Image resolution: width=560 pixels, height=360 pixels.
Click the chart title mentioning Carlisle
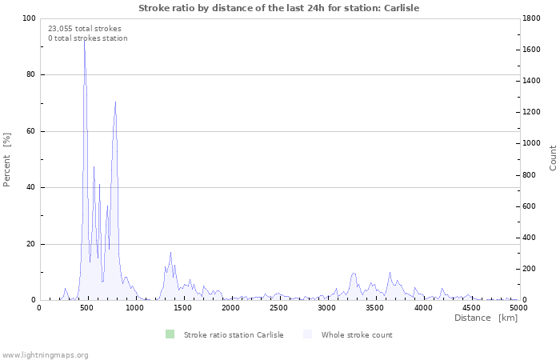[278, 8]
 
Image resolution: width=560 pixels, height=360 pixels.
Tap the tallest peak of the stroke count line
[84, 40]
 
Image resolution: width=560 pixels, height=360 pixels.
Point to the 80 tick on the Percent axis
[30, 75]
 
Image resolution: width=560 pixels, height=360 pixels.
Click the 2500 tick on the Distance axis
[278, 307]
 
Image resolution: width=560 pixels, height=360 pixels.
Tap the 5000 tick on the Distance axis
[518, 307]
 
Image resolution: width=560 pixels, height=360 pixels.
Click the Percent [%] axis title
[7, 160]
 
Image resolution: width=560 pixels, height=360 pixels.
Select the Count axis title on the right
[553, 158]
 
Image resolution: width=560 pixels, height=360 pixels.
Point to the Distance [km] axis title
[486, 318]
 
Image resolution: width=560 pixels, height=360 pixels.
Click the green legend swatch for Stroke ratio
[170, 334]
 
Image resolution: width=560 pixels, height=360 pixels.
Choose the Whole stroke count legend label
[357, 334]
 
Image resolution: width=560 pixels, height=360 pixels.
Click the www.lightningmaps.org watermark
[46, 354]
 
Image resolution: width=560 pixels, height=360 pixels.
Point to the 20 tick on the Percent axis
[30, 244]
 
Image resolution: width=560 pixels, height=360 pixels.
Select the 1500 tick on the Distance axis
[182, 307]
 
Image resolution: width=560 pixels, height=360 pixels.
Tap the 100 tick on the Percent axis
[29, 18]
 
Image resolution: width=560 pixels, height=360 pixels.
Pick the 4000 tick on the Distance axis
[422, 307]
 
